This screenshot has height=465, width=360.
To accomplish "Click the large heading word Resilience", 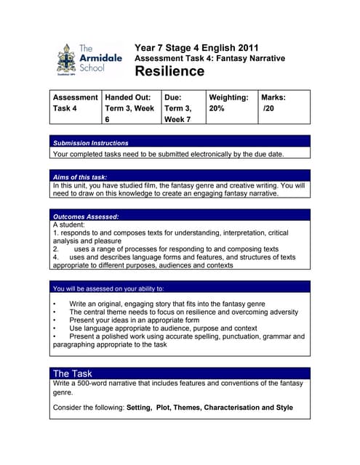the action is click(169, 71).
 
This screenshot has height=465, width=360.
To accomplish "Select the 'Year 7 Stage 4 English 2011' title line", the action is click(196, 47).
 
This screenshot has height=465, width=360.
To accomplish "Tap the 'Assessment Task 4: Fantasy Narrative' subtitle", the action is click(209, 58).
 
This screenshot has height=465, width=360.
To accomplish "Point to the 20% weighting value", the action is click(217, 108).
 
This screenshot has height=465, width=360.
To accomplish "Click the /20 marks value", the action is click(270, 108).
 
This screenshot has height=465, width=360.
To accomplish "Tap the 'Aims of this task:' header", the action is click(81, 177).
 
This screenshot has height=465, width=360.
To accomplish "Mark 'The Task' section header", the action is click(73, 373).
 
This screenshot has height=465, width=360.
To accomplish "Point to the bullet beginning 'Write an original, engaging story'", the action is click(167, 303).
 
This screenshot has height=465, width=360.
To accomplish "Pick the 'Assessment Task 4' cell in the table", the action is click(76, 102).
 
